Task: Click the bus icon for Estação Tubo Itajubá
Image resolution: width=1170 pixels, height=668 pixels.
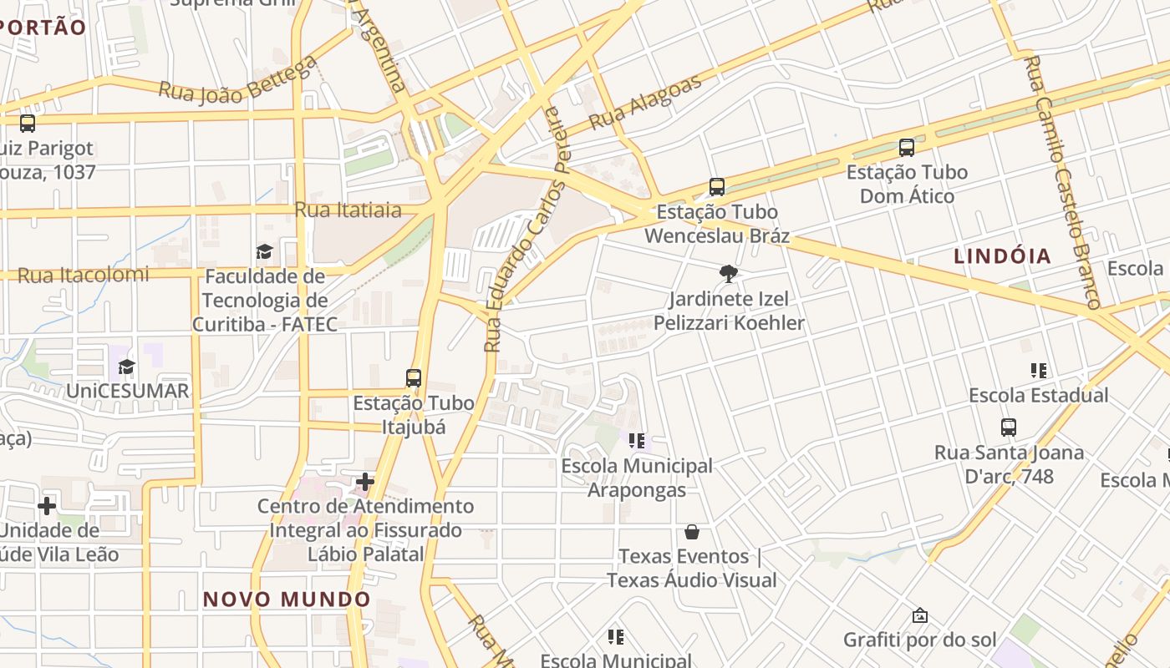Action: pyautogui.click(x=413, y=377)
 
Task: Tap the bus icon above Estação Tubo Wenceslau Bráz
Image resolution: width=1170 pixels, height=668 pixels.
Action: pyautogui.click(x=716, y=187)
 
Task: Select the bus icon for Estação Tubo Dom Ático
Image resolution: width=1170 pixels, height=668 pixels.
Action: pyautogui.click(x=907, y=148)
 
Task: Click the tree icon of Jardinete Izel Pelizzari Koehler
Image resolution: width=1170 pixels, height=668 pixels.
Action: pyautogui.click(x=729, y=273)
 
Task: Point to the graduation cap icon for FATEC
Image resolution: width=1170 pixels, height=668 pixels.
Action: pyautogui.click(x=264, y=251)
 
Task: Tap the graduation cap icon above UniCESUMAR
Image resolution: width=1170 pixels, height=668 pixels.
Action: pyautogui.click(x=126, y=367)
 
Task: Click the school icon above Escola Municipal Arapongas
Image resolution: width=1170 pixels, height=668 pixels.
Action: pyautogui.click(x=637, y=440)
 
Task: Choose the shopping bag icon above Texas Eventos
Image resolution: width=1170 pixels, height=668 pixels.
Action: pyautogui.click(x=691, y=532)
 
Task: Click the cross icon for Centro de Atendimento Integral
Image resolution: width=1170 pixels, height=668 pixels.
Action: pyautogui.click(x=365, y=481)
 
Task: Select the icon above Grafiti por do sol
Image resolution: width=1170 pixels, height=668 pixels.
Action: pyautogui.click(x=919, y=615)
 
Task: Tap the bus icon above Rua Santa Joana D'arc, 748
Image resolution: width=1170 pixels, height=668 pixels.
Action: pyautogui.click(x=1009, y=428)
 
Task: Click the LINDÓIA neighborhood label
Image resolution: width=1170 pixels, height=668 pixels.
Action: pyautogui.click(x=1003, y=256)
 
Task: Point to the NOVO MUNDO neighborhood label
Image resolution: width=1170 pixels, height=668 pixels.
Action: pyautogui.click(x=287, y=599)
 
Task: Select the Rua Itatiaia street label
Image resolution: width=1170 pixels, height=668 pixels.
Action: pyautogui.click(x=348, y=210)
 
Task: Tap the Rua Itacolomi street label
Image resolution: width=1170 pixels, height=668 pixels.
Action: pyautogui.click(x=84, y=275)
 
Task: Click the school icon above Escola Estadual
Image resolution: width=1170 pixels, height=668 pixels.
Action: pyautogui.click(x=1039, y=370)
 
